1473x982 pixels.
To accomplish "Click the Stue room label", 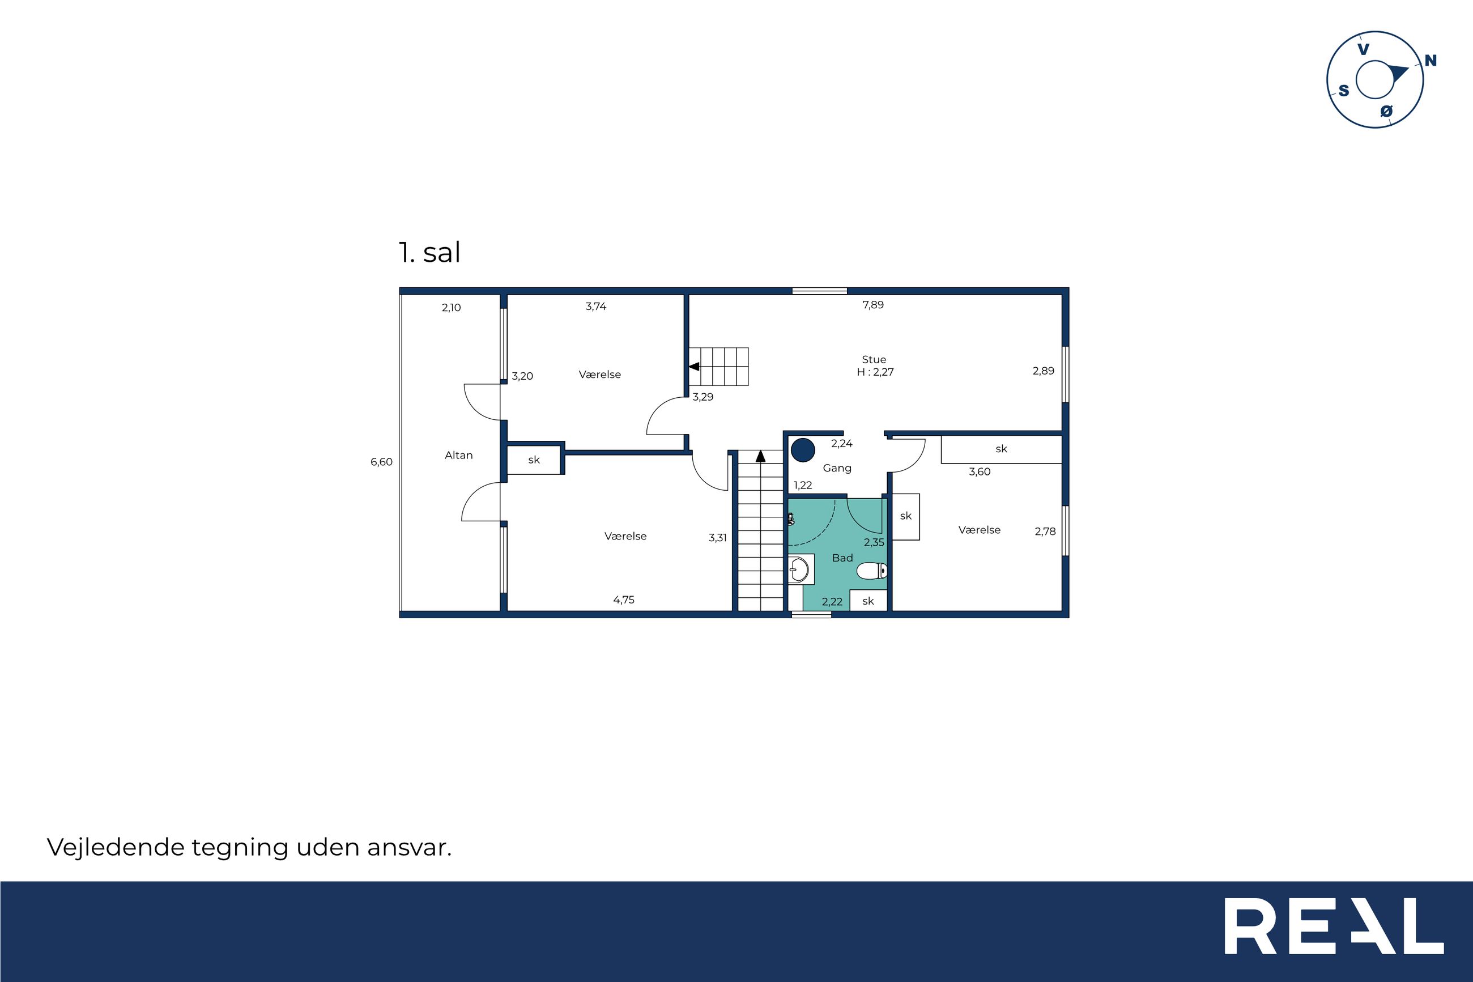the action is click(874, 359).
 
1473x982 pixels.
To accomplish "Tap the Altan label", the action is click(458, 456).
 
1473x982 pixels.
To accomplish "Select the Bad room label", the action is click(842, 558).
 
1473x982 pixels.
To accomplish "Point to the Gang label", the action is click(837, 469).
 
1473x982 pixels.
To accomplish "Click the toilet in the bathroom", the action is click(872, 571).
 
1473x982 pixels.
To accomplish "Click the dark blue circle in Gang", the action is click(803, 450).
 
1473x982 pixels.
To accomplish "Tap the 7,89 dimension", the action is click(872, 305).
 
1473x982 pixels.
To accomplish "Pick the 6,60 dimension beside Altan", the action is click(381, 462).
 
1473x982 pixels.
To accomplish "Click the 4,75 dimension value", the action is click(624, 600).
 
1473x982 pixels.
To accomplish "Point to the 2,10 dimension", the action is click(452, 308).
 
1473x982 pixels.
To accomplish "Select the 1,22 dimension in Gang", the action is click(803, 486).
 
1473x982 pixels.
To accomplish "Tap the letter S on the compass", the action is click(1343, 91).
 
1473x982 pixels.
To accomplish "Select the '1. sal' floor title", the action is click(429, 252).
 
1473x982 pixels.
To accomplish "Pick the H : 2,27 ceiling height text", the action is click(875, 372).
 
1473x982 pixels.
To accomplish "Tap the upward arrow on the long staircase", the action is click(761, 456).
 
